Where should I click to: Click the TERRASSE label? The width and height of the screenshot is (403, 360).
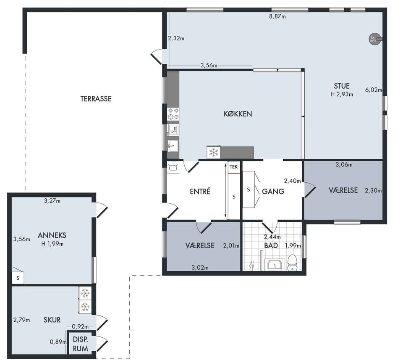(x=96, y=99)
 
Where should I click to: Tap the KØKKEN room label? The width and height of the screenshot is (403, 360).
(x=238, y=114)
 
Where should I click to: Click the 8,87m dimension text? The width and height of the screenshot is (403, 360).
(x=277, y=17)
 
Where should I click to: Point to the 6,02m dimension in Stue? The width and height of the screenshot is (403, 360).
(x=374, y=90)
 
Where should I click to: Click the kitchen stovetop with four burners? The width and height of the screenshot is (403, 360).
(x=173, y=114)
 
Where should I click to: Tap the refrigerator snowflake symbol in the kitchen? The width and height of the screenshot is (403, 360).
(x=214, y=152)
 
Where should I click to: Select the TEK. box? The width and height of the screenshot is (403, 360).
(x=234, y=167)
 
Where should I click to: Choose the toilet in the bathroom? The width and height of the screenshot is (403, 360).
(x=292, y=263)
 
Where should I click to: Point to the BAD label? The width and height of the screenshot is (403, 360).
(x=271, y=246)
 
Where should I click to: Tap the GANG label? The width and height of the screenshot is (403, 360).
(x=273, y=192)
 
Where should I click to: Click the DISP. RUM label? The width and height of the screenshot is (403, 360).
(x=81, y=344)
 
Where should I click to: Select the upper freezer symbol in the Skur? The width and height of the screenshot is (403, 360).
(x=85, y=293)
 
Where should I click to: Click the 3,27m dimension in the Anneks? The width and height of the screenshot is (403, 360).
(x=52, y=201)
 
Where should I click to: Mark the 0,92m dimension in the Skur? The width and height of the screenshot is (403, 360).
(x=80, y=327)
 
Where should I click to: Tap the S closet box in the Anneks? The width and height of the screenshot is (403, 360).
(x=18, y=278)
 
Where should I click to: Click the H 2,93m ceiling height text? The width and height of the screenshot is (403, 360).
(x=342, y=95)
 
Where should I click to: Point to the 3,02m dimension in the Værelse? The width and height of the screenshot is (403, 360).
(x=200, y=268)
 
